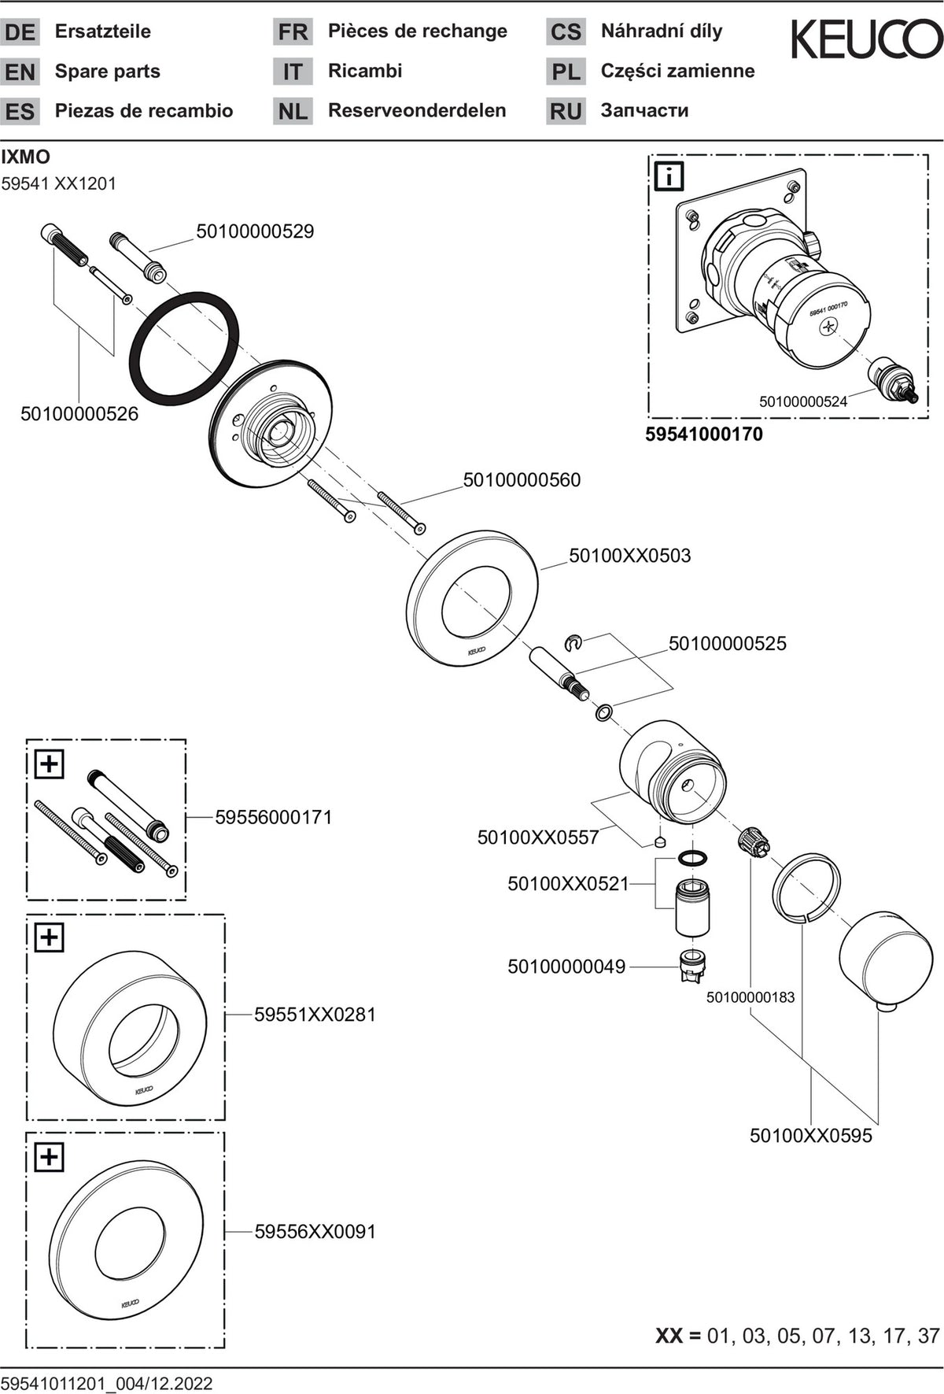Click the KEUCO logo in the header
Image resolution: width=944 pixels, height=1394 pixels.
point(865,39)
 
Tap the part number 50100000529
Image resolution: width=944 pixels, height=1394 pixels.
point(255,231)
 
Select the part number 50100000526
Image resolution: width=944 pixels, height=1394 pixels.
point(79,414)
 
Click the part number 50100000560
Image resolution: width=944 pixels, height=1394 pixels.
point(522,480)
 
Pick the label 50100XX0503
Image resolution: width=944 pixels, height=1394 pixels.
point(630,556)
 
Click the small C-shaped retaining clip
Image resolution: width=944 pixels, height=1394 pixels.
point(574,645)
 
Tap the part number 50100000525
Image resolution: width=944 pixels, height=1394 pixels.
point(728,644)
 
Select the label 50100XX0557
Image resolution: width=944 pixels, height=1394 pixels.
point(538,838)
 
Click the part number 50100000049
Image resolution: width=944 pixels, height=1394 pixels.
point(566,967)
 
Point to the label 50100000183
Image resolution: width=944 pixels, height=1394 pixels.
point(750,998)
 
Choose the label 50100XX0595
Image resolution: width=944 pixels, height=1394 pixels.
point(811,1136)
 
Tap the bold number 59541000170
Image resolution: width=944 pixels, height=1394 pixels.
point(704,434)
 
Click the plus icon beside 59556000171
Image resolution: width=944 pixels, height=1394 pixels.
point(49,764)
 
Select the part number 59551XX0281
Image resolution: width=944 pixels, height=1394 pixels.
point(315,1015)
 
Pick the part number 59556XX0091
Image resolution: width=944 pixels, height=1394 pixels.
point(315,1232)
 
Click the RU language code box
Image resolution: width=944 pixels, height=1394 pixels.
point(566,111)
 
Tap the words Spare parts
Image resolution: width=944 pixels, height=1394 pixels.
point(108,72)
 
